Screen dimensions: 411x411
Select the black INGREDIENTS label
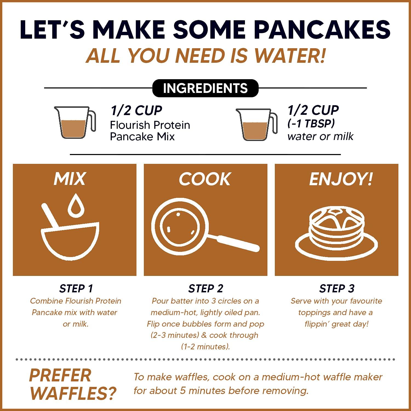point(205,88)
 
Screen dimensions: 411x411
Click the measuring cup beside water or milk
point(256,124)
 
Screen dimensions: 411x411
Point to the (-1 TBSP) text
point(311,124)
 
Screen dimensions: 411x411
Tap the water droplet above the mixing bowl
point(74,205)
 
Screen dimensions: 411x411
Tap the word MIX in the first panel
point(70,179)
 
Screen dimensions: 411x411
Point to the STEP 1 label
point(76,289)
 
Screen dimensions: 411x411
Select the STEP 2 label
point(206,289)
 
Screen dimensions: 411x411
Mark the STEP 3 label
point(336,289)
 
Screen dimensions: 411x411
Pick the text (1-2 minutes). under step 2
point(205,347)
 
